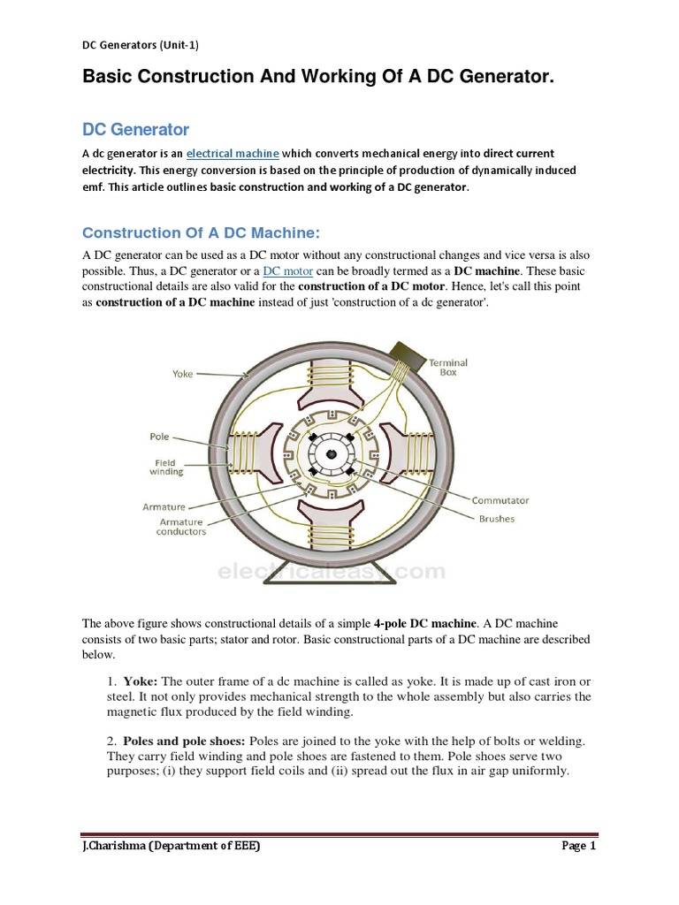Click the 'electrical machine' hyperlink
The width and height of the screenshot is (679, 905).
click(233, 154)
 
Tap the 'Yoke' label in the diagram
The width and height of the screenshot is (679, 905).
click(182, 374)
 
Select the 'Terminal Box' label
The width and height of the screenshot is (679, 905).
click(448, 368)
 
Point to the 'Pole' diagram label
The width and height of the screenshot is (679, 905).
click(159, 437)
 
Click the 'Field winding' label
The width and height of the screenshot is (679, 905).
click(165, 468)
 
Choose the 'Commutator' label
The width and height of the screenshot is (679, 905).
click(500, 500)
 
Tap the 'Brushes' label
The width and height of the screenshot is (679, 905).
click(496, 519)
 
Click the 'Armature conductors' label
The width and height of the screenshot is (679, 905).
click(181, 527)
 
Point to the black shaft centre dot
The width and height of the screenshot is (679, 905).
click(331, 454)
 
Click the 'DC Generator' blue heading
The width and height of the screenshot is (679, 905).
click(135, 130)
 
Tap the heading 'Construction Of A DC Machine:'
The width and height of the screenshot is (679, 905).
click(200, 233)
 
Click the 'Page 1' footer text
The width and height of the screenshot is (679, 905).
click(579, 847)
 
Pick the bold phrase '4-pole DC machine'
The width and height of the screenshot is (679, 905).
click(420, 623)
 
